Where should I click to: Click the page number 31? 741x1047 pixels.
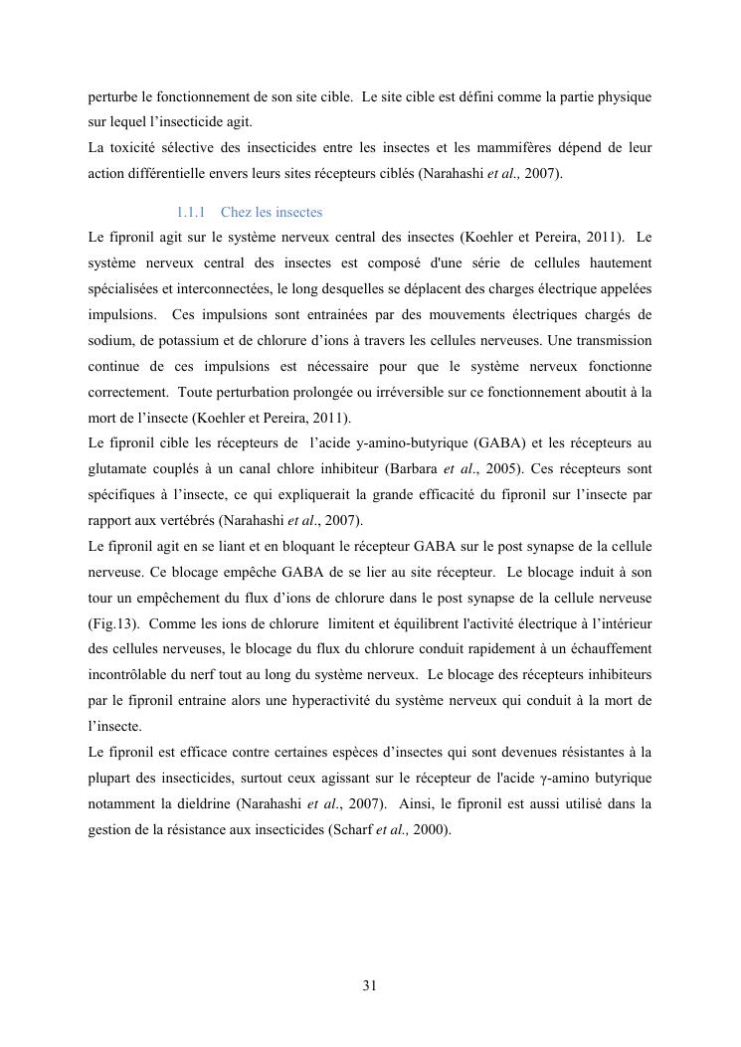coord(370,985)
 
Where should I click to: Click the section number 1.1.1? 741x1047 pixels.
coord(190,213)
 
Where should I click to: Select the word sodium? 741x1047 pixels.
coord(108,340)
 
